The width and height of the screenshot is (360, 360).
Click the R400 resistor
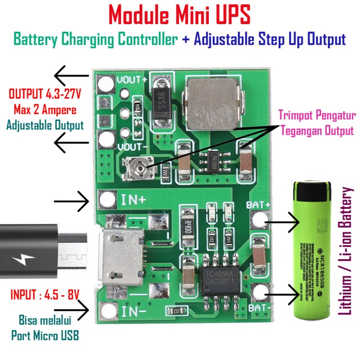pyautogui.click(x=188, y=224)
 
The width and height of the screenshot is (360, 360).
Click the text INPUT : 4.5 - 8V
pyautogui.click(x=45, y=295)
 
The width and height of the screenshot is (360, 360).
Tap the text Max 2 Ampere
pyautogui.click(x=46, y=110)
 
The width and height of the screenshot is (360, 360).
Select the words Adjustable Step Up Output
pyautogui.click(x=270, y=40)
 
